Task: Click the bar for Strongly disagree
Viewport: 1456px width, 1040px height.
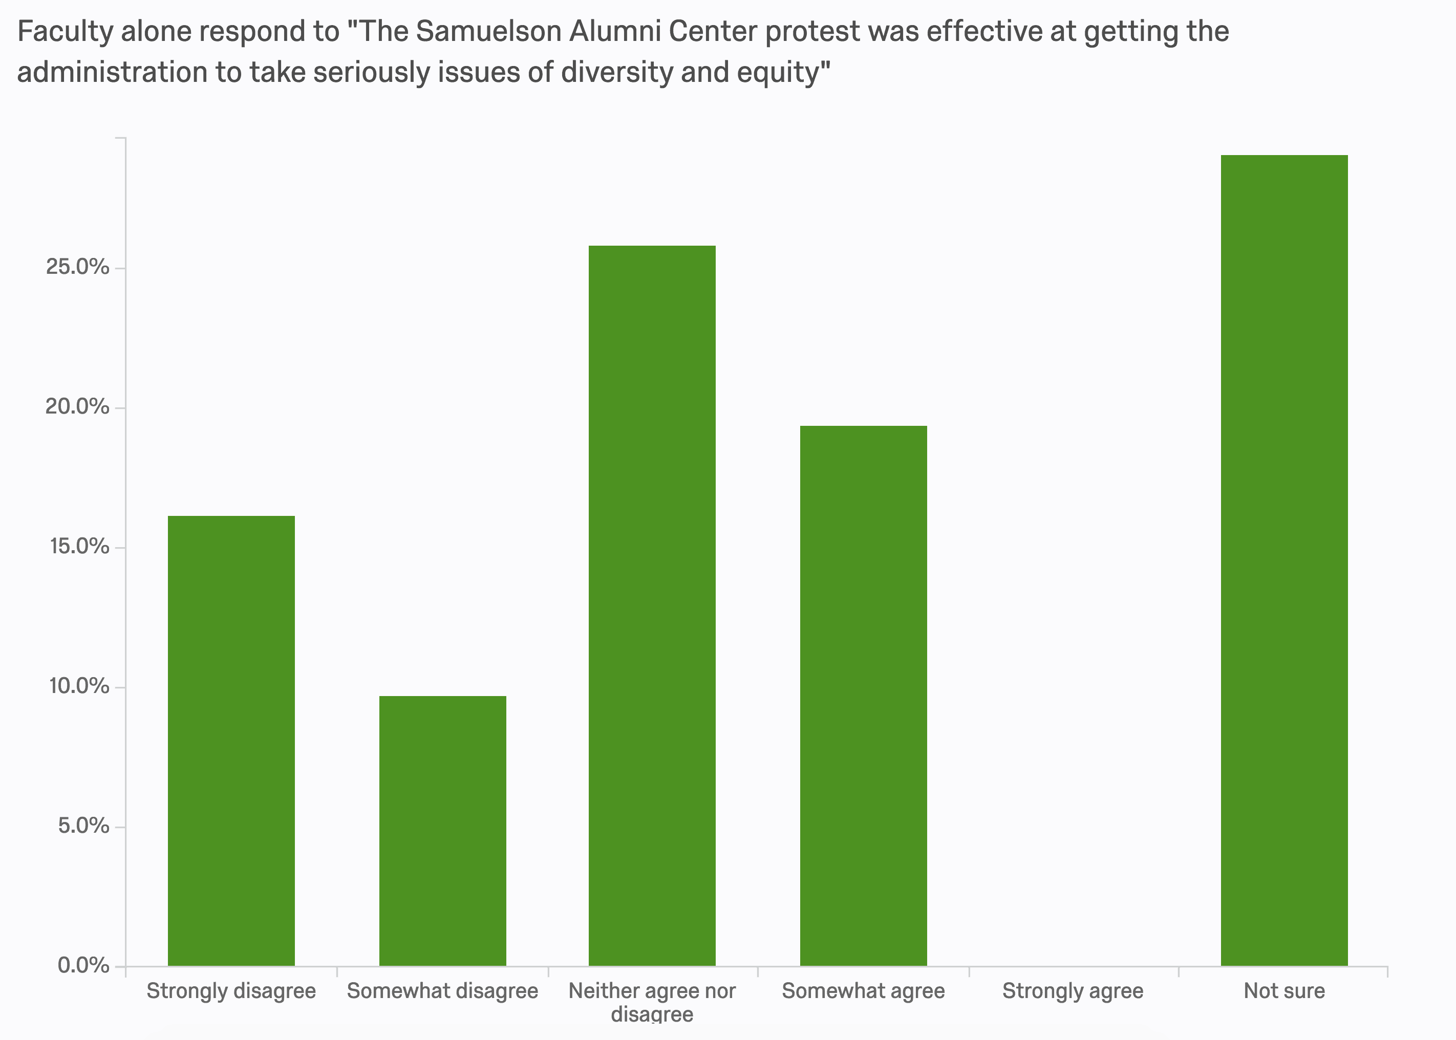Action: coord(231,741)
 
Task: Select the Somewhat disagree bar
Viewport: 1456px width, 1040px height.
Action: coord(443,831)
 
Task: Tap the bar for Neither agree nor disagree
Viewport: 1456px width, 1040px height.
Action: coord(652,606)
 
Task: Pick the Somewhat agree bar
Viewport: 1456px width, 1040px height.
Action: coord(864,696)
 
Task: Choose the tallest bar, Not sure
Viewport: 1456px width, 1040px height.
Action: coord(1284,560)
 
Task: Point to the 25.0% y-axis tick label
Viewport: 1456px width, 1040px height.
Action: coord(77,267)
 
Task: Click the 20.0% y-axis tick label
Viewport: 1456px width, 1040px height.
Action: coord(77,407)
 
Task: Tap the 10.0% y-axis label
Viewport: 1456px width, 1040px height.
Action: coord(77,686)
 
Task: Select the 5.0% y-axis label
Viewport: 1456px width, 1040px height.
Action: coord(83,826)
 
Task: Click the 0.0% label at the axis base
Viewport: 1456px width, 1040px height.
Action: coord(83,965)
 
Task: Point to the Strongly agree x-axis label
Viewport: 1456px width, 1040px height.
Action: coord(1073,991)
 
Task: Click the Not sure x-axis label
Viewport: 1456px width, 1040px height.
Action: coord(1284,991)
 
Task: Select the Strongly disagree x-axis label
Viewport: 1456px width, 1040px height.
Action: coord(231,991)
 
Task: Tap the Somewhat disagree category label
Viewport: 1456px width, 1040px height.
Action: coord(443,991)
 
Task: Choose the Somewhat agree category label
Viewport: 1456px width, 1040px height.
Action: coord(864,991)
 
